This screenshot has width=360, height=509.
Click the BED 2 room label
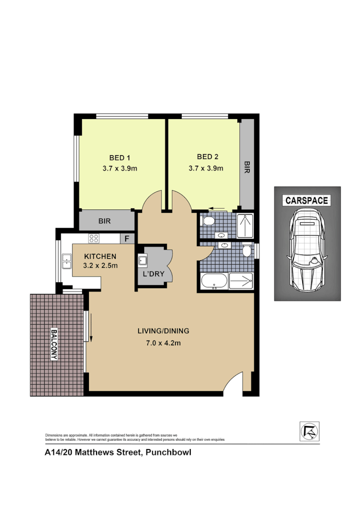point(208,157)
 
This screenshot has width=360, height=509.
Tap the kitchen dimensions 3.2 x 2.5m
point(100,265)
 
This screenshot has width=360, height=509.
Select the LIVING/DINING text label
point(163,331)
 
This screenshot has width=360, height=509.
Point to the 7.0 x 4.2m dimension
point(163,342)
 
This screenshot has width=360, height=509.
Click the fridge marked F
point(127,239)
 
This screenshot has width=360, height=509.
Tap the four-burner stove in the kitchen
point(93,238)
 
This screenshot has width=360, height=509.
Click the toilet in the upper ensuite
point(208,221)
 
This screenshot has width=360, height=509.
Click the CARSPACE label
point(307,200)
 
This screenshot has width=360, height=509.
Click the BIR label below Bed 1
point(105,221)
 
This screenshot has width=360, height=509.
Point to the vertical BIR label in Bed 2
point(247,167)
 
